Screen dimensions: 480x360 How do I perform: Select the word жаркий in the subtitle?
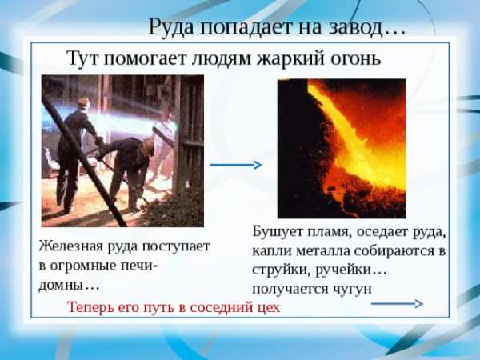pos(290,58)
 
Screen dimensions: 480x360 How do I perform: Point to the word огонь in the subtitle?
pos(355,58)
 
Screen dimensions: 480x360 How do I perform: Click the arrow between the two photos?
pos(236,165)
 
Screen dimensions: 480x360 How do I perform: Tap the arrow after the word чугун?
pos(397,303)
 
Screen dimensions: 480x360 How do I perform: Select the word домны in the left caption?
pos(61,286)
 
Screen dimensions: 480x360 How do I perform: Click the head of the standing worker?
pos(83,103)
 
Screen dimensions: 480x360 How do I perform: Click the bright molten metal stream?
pos(352,138)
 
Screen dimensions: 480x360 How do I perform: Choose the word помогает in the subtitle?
pos(145,58)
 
